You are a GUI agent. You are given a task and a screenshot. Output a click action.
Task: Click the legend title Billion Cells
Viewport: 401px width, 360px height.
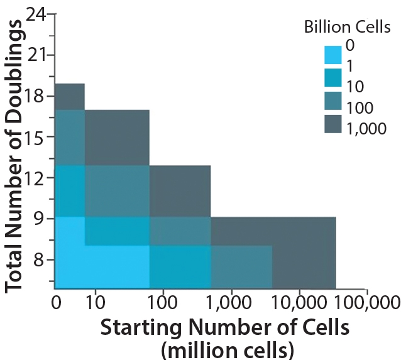tap(348, 27)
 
